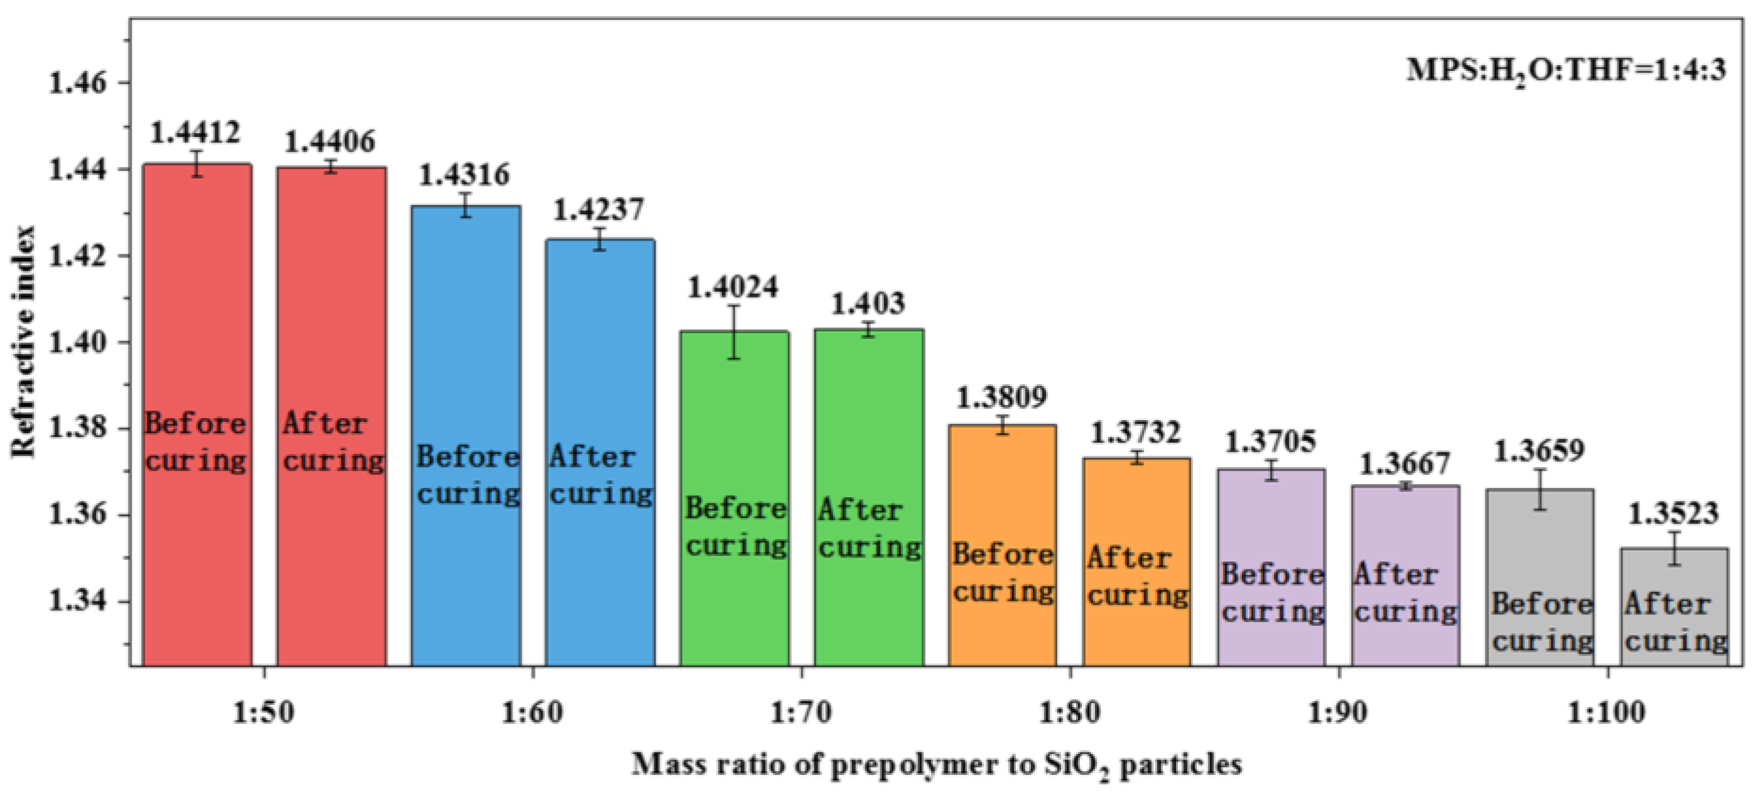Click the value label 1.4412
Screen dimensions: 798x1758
click(195, 132)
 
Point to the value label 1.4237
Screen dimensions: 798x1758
click(598, 210)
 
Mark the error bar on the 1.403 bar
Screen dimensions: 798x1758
click(868, 330)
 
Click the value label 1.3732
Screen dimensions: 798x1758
click(1135, 433)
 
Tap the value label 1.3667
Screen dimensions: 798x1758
click(1405, 464)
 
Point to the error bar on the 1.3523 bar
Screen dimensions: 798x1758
click(1674, 548)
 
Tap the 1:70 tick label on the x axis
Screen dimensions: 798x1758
click(801, 713)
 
